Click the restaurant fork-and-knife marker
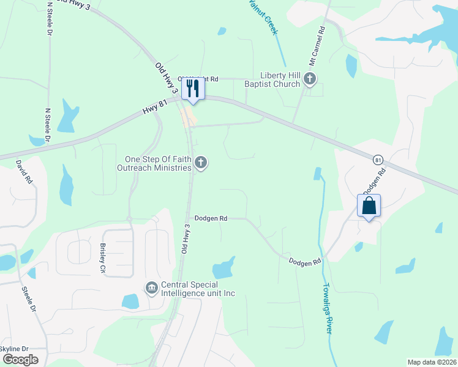193,88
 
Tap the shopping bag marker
369,206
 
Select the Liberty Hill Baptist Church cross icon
310,78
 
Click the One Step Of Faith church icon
201,163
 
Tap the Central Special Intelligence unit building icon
151,287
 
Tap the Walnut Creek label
266,18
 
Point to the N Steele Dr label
48,126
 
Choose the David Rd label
23,172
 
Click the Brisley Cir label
103,259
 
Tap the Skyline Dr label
13,349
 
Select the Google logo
20,360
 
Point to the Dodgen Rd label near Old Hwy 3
211,218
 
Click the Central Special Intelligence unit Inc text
197,289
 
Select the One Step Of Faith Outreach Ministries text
155,163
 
